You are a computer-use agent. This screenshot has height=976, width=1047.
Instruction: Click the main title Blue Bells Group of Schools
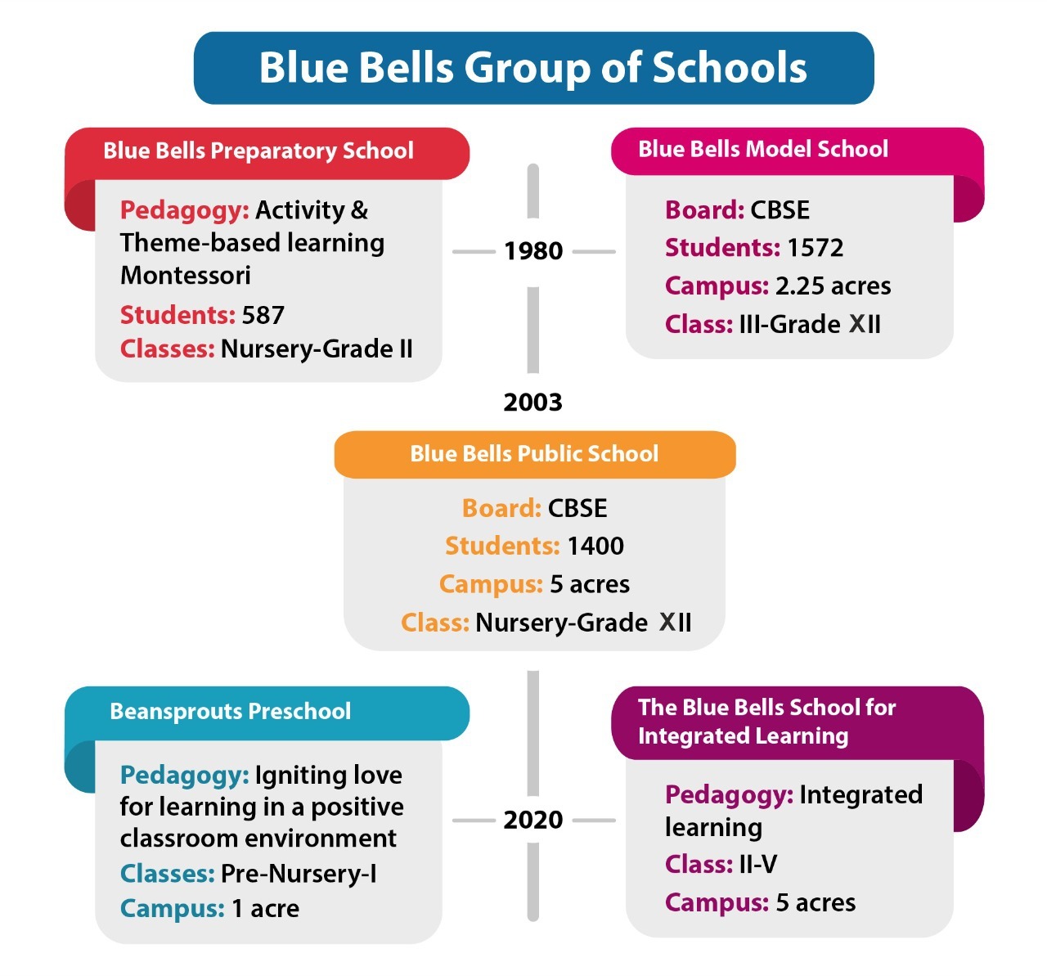click(532, 68)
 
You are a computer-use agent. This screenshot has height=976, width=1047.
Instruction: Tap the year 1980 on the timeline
click(533, 251)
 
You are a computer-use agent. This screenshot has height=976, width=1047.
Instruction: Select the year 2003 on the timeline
click(533, 403)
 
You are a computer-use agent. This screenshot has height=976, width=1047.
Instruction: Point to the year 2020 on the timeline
click(533, 820)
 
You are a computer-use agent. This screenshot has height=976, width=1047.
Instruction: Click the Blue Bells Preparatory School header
click(258, 151)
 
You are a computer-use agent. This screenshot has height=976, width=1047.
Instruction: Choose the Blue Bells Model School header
click(763, 149)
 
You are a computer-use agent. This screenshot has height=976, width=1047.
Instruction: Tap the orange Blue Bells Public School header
click(534, 454)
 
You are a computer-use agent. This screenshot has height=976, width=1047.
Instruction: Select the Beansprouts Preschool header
click(231, 712)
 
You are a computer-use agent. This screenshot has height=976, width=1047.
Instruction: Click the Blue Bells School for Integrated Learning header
click(766, 722)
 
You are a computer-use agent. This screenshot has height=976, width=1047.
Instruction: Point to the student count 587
click(263, 315)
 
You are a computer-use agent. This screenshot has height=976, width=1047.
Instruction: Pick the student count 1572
click(815, 248)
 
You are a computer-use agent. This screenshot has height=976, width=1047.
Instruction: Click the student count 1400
click(595, 546)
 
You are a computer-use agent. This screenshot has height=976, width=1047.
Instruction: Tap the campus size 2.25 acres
click(833, 286)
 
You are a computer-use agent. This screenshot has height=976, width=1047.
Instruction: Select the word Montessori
click(185, 275)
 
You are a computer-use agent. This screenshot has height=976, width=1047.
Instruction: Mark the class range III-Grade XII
click(810, 324)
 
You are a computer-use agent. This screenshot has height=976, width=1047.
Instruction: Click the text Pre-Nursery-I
click(299, 874)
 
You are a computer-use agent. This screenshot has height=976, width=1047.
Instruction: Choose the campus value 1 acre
click(265, 909)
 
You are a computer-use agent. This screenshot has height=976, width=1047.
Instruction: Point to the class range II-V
click(758, 864)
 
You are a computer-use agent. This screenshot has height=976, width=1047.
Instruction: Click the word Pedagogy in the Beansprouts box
click(185, 776)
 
